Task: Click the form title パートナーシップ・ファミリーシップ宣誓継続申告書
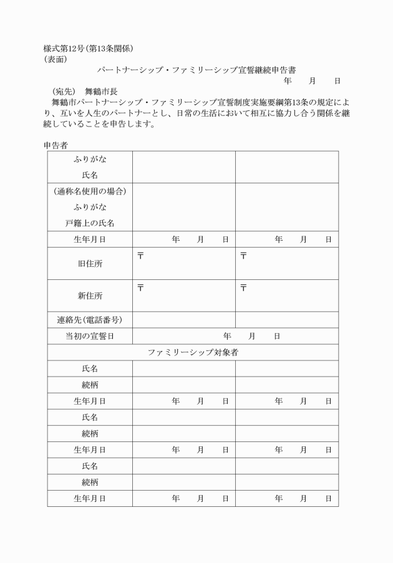coord(196,70)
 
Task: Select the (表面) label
coord(56,60)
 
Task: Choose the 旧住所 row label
coord(90,264)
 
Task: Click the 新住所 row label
coord(90,296)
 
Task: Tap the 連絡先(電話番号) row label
coord(90,320)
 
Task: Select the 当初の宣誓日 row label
coord(90,336)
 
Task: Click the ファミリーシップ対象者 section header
coord(193,352)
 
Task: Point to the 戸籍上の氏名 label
coord(90,223)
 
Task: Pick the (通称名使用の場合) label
coord(90,191)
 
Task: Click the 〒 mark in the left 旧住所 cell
coord(141,256)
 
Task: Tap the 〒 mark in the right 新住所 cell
coord(244,287)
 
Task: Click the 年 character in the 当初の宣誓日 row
coord(227,336)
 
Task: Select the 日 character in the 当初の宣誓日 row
coord(276,336)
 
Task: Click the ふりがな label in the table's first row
coord(90,159)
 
